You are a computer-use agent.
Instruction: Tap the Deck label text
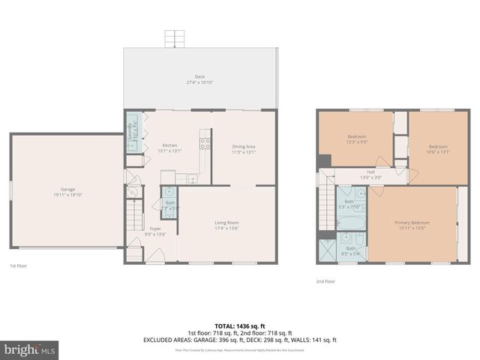[199, 79]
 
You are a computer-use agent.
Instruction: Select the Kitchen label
[169, 148]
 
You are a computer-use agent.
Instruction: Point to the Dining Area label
[244, 149]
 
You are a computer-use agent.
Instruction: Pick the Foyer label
[155, 231]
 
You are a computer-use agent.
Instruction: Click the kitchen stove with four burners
[204, 143]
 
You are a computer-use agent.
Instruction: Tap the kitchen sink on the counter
[191, 178]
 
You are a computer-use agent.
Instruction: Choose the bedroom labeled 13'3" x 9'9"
[356, 138]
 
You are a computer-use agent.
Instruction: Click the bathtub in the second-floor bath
[349, 223]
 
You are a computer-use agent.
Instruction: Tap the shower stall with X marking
[327, 250]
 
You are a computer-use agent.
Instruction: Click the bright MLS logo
[30, 349]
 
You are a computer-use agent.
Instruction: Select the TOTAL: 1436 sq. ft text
[240, 326]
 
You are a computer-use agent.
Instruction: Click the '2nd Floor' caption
[325, 281]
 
